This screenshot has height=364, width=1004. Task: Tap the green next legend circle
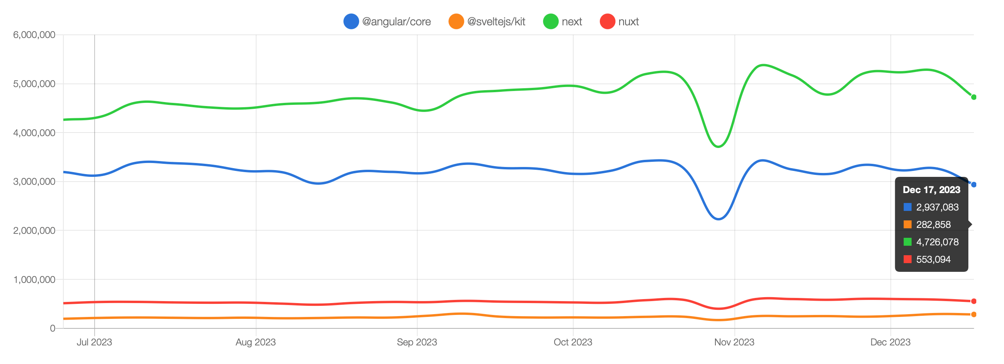[550, 21]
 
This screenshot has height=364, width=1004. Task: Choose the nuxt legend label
[628, 21]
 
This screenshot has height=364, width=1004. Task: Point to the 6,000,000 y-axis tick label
[34, 35]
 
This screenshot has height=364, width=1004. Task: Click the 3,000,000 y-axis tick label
[34, 182]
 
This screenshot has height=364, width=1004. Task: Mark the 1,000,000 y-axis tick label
[34, 280]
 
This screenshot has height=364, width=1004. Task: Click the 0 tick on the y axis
[52, 328]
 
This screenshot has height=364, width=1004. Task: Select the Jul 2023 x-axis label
[94, 342]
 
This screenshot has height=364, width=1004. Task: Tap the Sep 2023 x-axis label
[417, 342]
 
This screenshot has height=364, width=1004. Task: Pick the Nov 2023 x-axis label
[734, 342]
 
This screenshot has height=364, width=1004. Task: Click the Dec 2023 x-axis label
[890, 342]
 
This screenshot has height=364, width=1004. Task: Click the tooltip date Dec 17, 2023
[932, 190]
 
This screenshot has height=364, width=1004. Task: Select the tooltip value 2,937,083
[937, 207]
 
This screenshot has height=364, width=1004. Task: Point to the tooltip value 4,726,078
[937, 242]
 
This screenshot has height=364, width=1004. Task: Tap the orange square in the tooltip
[907, 225]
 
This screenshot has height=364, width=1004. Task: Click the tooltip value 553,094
[933, 260]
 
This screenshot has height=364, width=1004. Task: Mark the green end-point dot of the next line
[974, 97]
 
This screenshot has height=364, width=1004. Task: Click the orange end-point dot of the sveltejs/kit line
[974, 315]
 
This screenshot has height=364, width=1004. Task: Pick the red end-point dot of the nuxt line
[974, 301]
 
